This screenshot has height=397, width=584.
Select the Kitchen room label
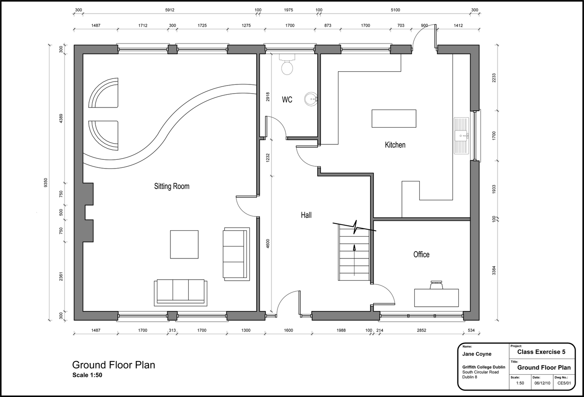[x=395, y=145]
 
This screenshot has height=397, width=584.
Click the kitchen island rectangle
[x=394, y=118]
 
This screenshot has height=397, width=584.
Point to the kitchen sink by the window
[x=461, y=136]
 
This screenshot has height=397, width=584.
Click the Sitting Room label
[x=172, y=186]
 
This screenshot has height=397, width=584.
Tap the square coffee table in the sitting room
[x=184, y=245]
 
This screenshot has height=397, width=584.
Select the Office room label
[x=421, y=254]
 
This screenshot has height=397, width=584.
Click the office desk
[x=437, y=298]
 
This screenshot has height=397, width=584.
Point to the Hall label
[x=306, y=215]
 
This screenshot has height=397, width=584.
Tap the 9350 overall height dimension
[x=46, y=182]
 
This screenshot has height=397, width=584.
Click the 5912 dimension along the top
[x=170, y=10]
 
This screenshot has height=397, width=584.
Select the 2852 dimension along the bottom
[x=422, y=330]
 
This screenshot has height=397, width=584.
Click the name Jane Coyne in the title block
[x=477, y=354]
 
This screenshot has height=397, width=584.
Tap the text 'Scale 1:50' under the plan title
[x=87, y=375]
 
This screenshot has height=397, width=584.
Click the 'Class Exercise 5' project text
[x=541, y=352]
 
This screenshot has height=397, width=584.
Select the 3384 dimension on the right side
[x=494, y=270]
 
